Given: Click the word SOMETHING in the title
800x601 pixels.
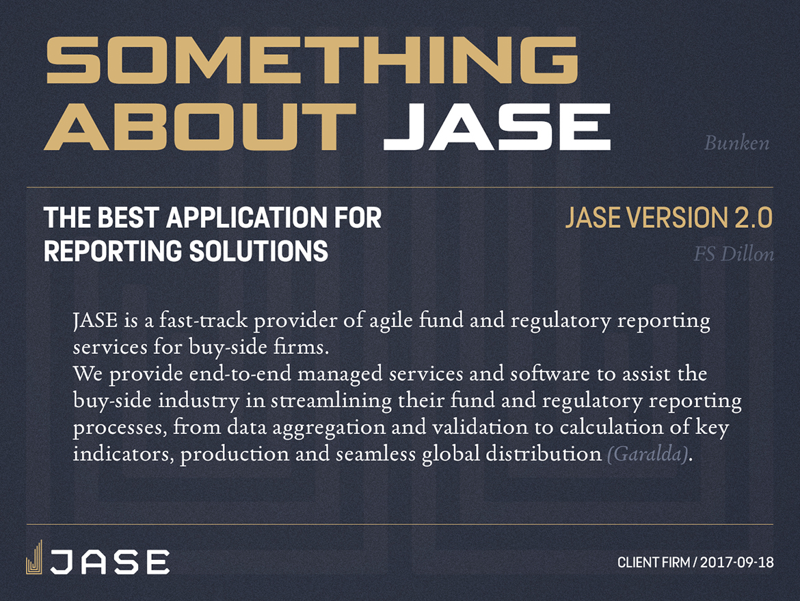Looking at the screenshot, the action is (x=312, y=60).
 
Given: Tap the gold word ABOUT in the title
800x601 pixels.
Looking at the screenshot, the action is (x=200, y=126).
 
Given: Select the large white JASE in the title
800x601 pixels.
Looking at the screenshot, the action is (x=497, y=126).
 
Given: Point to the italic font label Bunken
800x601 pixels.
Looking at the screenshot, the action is (x=736, y=143).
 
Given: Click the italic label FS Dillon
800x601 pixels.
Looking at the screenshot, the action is (x=734, y=254).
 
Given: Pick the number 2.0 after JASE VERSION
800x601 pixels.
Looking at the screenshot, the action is (x=754, y=218).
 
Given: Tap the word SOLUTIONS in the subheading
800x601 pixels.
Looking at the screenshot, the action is (x=258, y=251).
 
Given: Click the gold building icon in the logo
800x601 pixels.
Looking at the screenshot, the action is (x=34, y=557).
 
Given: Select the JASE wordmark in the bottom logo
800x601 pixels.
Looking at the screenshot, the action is (x=109, y=562).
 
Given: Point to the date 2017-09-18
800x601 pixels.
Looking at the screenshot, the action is (x=736, y=563).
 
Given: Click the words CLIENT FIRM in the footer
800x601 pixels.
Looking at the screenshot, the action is (x=654, y=563).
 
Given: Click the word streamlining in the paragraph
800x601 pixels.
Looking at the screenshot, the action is (x=331, y=400).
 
